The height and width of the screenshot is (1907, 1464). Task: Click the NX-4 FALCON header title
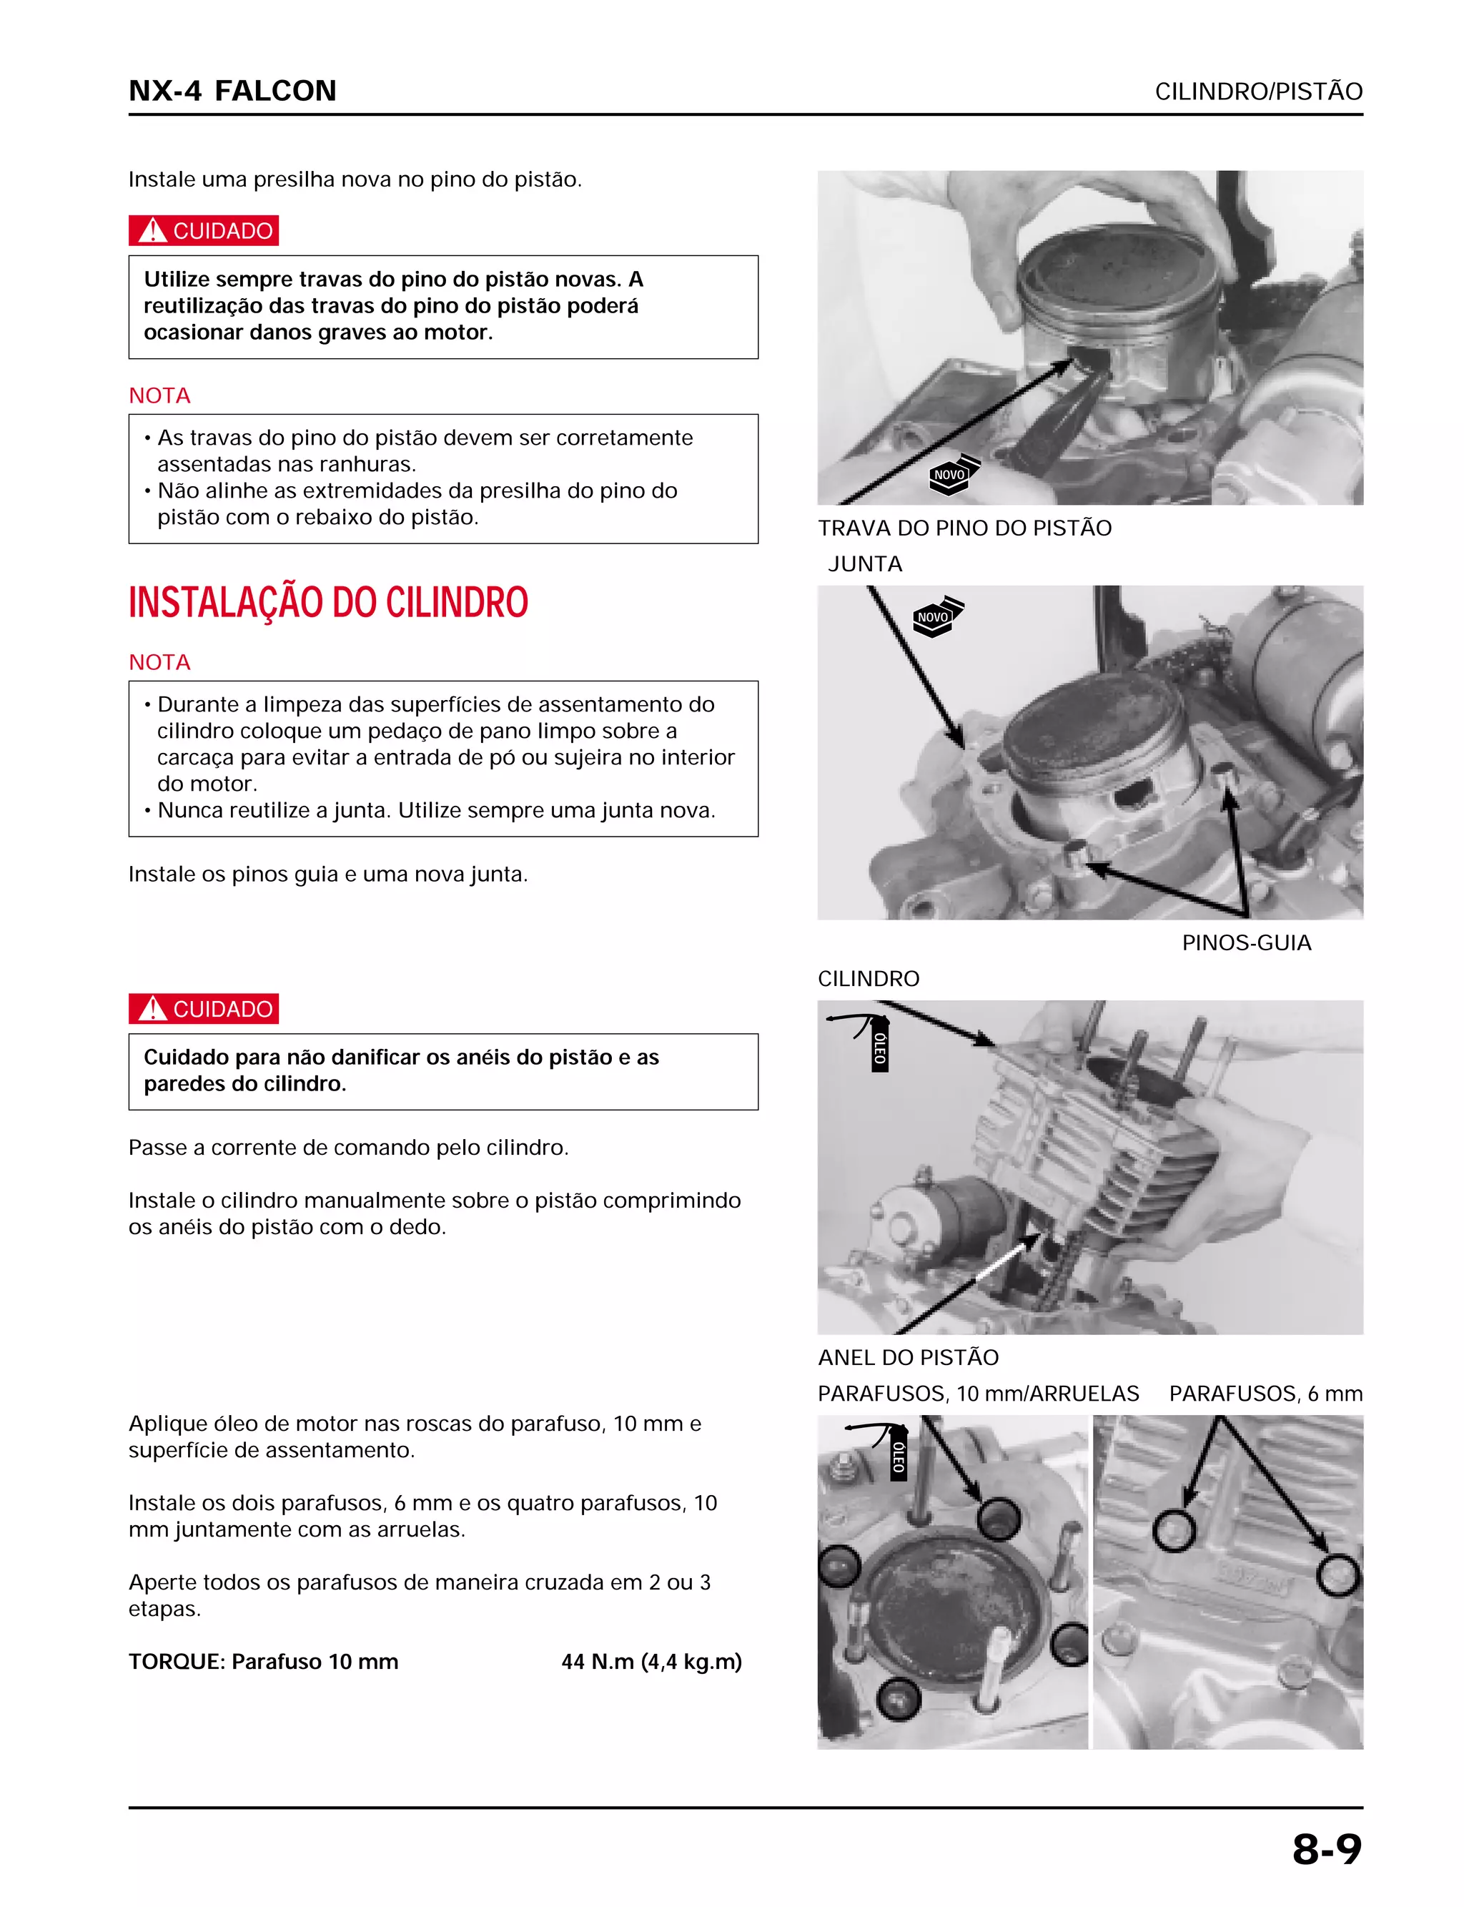(232, 91)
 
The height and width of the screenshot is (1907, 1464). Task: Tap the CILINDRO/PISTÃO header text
(1257, 92)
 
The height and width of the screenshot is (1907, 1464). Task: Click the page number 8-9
(1326, 1848)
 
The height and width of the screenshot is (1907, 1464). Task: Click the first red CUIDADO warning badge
(203, 230)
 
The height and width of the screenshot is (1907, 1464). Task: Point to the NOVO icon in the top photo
(951, 475)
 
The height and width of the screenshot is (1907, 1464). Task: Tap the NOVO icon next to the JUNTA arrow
(935, 617)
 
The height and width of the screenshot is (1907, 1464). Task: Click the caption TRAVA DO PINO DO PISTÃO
(964, 528)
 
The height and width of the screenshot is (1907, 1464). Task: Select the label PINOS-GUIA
(1245, 942)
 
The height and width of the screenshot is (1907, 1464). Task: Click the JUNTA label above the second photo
(864, 564)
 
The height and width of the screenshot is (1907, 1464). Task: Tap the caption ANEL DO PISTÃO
(908, 1357)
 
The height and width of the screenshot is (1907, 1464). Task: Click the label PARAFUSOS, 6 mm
(1265, 1394)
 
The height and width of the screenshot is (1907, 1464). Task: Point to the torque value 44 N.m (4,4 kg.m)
(651, 1661)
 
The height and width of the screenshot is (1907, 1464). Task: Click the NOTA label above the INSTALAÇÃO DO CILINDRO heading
(159, 395)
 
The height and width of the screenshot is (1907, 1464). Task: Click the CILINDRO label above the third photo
(868, 979)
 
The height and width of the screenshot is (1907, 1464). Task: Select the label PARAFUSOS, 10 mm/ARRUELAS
(978, 1394)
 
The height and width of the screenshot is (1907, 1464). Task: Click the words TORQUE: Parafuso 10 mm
(263, 1661)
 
